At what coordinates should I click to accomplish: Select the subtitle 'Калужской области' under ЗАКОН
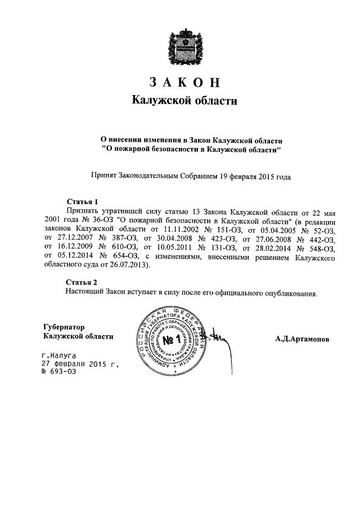[180, 101]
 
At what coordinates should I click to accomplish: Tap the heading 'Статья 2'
[82, 282]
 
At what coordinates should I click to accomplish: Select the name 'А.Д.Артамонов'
[303, 340]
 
